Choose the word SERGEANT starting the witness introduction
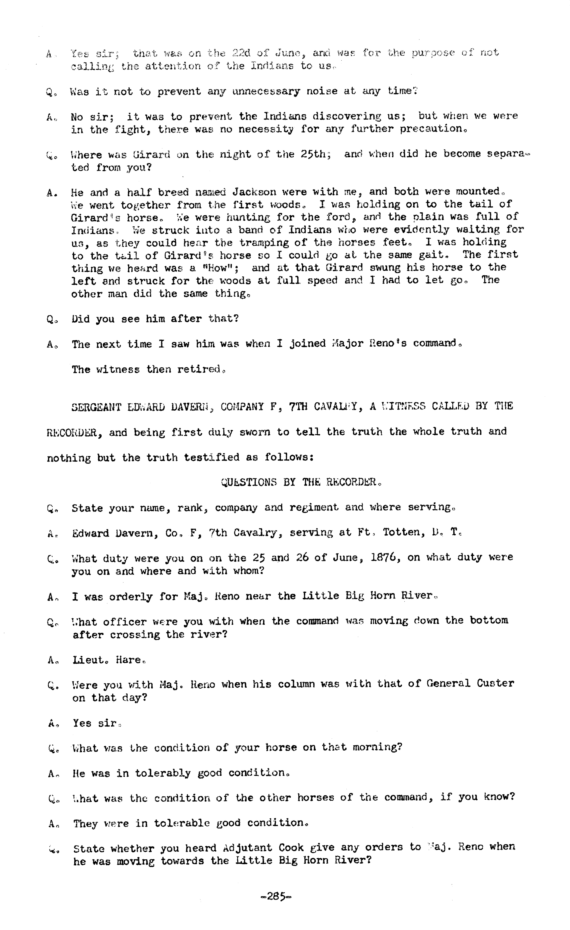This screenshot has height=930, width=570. (x=96, y=407)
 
